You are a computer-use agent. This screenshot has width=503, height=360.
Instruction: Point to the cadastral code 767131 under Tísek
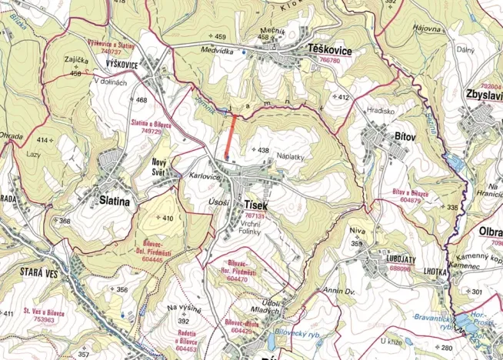[254, 216]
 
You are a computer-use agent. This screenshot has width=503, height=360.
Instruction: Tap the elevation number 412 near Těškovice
[341, 97]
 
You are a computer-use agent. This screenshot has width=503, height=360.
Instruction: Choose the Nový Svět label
[160, 166]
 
